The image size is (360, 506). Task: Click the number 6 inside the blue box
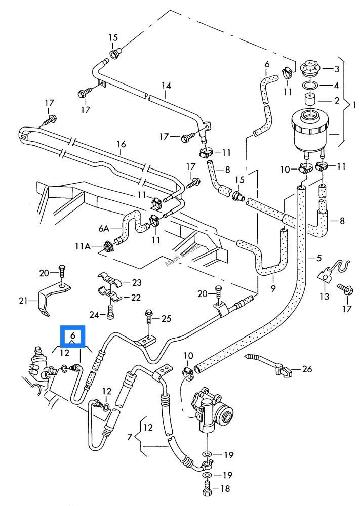[72, 335]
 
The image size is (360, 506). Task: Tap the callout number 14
[166, 86]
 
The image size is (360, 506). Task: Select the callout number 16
[121, 144]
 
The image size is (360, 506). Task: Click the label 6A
[104, 229]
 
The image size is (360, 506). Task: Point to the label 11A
[83, 246]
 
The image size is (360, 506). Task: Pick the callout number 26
[307, 369]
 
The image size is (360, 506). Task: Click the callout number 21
[23, 301]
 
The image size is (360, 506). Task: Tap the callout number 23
[137, 283]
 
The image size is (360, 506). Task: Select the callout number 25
[166, 319]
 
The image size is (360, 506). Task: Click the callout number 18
[225, 489]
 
